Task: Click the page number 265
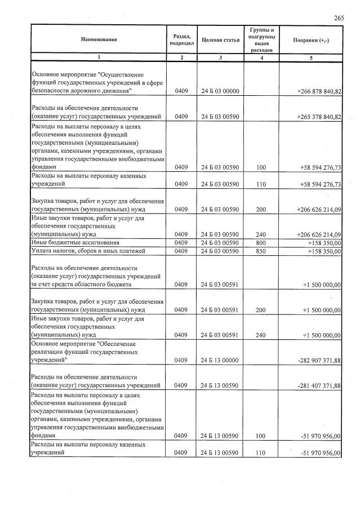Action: [339, 18]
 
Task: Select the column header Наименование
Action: [99, 39]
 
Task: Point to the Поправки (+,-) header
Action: [311, 39]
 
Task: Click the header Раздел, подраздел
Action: [182, 39]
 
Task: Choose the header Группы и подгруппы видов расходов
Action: [261, 39]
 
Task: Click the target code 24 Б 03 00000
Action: [221, 91]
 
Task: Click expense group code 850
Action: [261, 251]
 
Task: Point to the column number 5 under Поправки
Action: [311, 57]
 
